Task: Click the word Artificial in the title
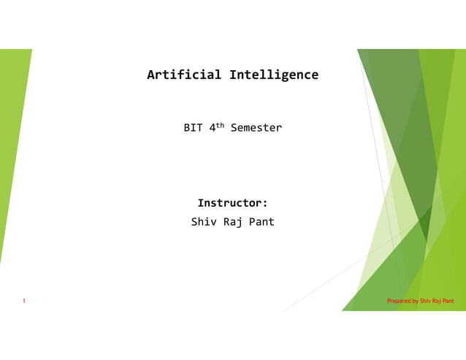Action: pos(185,75)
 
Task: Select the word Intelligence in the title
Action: pos(274,75)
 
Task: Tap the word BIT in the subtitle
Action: pos(193,128)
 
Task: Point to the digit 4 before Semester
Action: pos(213,128)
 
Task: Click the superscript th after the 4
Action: pos(221,125)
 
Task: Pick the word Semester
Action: pos(256,128)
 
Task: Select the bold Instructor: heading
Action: pos(232,203)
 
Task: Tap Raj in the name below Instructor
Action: pos(233,222)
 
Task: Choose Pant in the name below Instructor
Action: pos(261,221)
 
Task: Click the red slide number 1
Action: pos(24,301)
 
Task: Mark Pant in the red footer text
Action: pos(448,301)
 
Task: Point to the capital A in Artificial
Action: pos(151,75)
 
